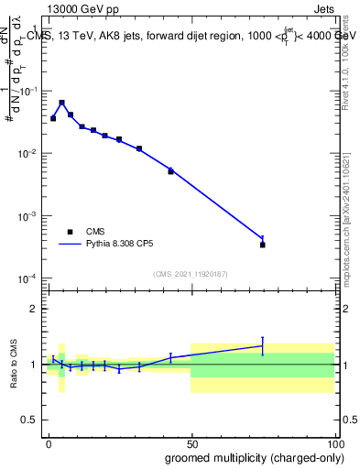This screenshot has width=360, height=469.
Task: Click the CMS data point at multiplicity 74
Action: click(263, 245)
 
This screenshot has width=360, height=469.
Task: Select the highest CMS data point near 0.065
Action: click(62, 103)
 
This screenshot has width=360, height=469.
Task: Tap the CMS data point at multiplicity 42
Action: click(170, 171)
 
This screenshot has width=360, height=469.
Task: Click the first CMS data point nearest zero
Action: click(53, 118)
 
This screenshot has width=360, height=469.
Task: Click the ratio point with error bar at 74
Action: click(263, 345)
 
